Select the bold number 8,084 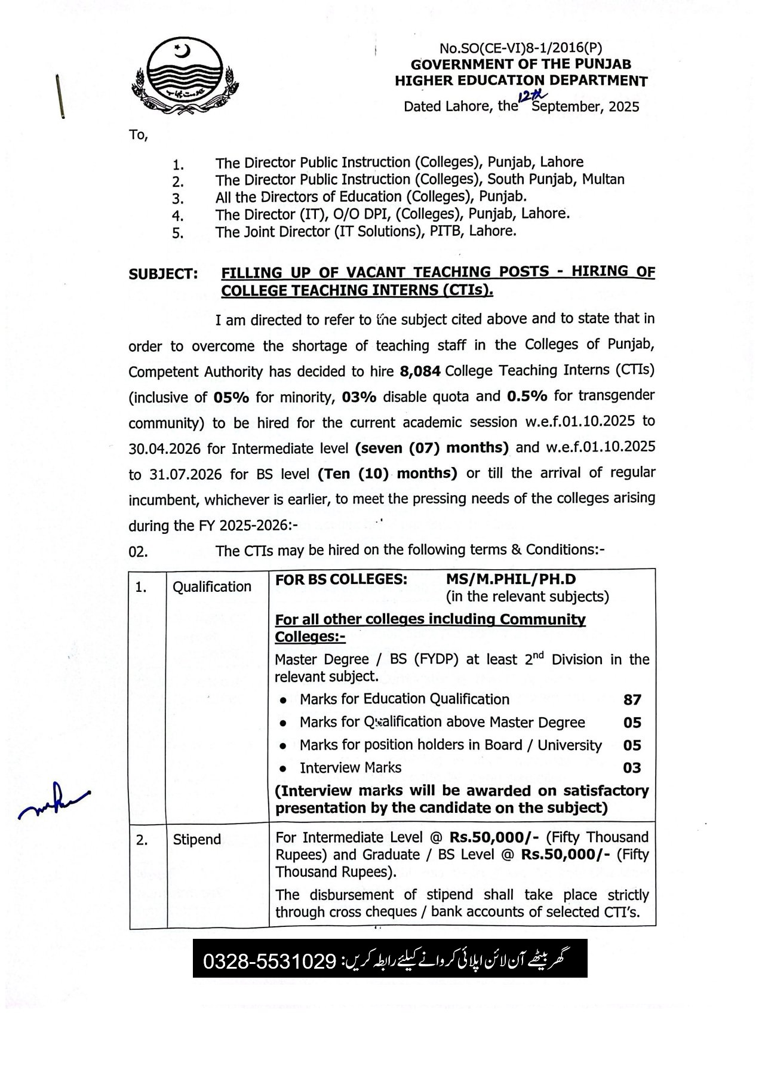pos(420,371)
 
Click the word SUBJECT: pos(163,274)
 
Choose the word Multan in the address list pos(603,179)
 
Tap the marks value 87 pos(632,699)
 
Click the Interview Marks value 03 pos(632,768)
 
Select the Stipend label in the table pos(196,840)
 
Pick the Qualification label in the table pos(212,587)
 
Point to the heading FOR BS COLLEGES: pos(342,579)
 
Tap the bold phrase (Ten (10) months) pos(388,474)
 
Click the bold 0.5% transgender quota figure pos(527,396)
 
